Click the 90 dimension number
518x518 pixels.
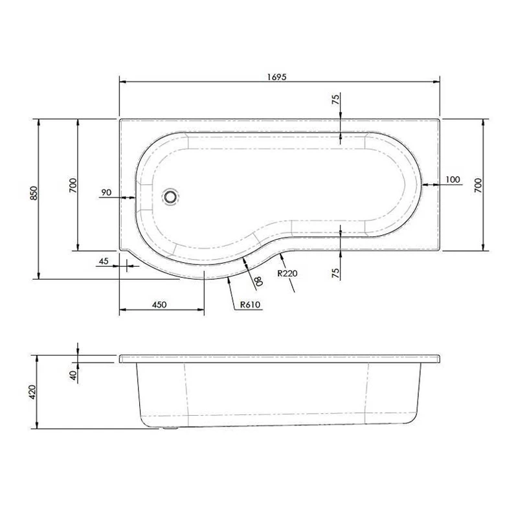click(x=107, y=192)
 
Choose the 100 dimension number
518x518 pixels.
click(x=453, y=179)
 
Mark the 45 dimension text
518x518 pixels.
click(x=102, y=261)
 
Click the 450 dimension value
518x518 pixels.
click(x=160, y=304)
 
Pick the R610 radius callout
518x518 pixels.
click(x=250, y=305)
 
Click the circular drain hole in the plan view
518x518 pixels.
click(x=171, y=196)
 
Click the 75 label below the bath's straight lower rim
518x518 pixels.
click(x=335, y=273)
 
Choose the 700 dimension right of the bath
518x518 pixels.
click(x=478, y=185)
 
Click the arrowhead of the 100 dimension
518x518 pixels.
click(x=424, y=185)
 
